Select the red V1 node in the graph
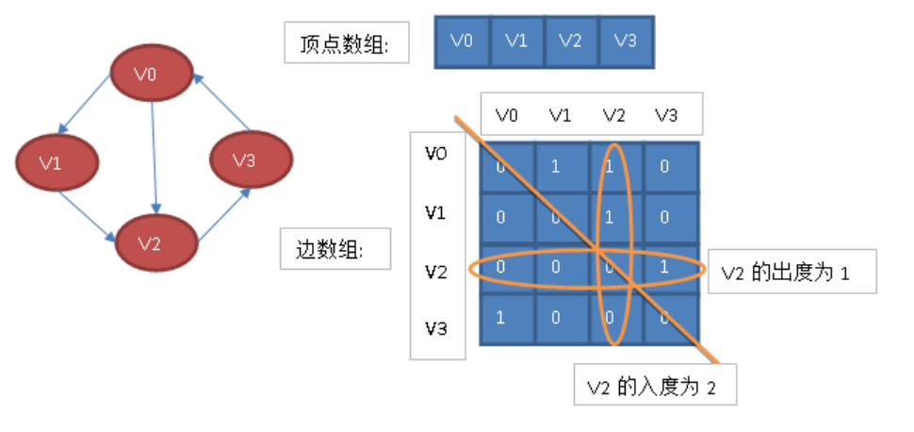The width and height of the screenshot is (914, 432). pos(57,161)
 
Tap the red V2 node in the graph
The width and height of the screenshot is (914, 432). pos(156,242)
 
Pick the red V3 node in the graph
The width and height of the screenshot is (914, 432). pos(247,159)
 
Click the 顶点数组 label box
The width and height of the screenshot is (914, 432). pos(346,42)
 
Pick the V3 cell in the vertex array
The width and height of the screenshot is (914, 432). pos(625,41)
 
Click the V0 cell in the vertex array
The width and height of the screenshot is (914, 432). pos(462,41)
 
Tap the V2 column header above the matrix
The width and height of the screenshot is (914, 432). pos(614,115)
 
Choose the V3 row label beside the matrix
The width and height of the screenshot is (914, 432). pos(435,329)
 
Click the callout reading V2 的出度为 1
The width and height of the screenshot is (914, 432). pos(792,273)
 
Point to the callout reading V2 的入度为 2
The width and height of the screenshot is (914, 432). pos(654,386)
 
